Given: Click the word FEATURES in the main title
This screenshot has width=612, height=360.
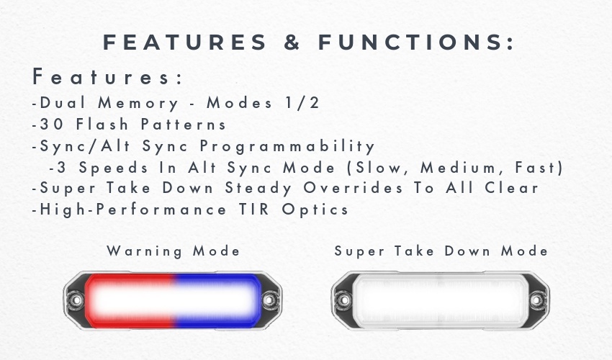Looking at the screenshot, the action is coord(185,42).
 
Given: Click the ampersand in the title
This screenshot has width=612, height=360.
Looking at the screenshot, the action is coord(292,42).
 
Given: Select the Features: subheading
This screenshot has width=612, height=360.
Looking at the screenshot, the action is coord(107,76).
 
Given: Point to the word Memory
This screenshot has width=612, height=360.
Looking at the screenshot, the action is coord(138,104).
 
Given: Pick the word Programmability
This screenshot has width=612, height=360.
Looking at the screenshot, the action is coord(287,147).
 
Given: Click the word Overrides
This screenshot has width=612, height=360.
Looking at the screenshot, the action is coord(353,188).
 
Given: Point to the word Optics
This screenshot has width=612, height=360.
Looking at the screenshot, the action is coord(315,210).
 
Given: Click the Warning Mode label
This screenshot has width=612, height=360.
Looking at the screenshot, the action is coord(174,251).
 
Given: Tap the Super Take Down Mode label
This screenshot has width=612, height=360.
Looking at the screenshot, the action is coord(441,251).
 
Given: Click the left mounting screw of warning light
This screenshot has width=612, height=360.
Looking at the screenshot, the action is coord(75,300).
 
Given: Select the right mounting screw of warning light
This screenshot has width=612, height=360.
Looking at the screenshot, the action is coord(269,300).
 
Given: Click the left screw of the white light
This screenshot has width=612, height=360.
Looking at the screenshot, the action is coord(343,300).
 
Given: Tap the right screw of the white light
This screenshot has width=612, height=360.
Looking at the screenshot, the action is coord(537,300).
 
